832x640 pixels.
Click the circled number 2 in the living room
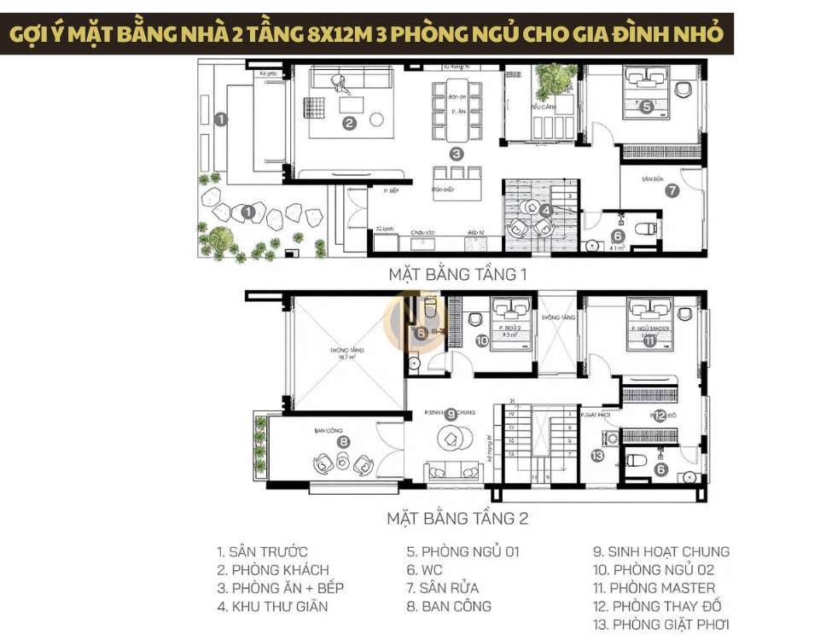(349, 123)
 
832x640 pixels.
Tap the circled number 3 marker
(457, 154)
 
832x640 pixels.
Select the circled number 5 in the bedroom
(647, 108)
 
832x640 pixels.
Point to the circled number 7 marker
(672, 191)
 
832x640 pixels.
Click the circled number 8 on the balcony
(343, 442)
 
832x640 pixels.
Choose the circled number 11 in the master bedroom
(649, 342)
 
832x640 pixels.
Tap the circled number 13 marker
(597, 457)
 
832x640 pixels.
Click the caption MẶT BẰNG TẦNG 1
(458, 275)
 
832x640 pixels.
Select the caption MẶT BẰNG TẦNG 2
(457, 518)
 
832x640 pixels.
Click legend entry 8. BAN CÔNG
(449, 607)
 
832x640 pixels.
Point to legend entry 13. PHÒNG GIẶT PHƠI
(661, 625)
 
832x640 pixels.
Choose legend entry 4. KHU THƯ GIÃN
(273, 607)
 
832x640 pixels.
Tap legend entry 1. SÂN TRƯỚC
(262, 552)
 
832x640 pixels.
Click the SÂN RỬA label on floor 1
(655, 180)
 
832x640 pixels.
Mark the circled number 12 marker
(660, 416)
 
